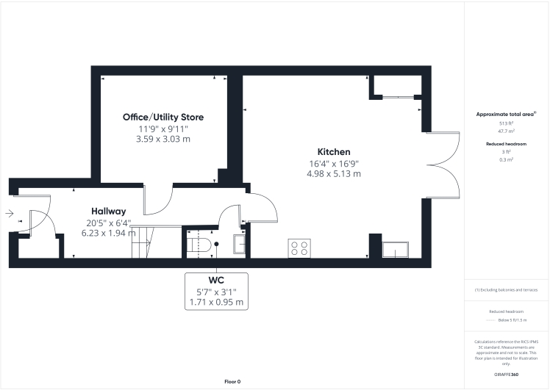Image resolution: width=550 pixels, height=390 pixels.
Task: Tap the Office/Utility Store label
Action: tap(162, 117)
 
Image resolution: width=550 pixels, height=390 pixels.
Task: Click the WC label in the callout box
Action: tap(216, 281)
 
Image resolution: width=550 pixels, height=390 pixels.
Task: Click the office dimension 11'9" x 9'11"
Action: tap(162, 129)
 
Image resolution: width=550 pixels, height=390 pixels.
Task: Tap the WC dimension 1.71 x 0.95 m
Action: tap(216, 302)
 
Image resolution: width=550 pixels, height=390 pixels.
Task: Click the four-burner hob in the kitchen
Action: tap(299, 248)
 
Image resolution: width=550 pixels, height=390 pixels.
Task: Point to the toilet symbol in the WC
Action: tap(201, 245)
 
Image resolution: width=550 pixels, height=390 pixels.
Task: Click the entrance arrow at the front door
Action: tap(9, 214)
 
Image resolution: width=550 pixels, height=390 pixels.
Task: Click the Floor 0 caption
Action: tap(232, 381)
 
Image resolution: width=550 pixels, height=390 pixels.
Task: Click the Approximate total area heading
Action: tap(506, 115)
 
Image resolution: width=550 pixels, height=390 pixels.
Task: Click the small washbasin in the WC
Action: tap(240, 245)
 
